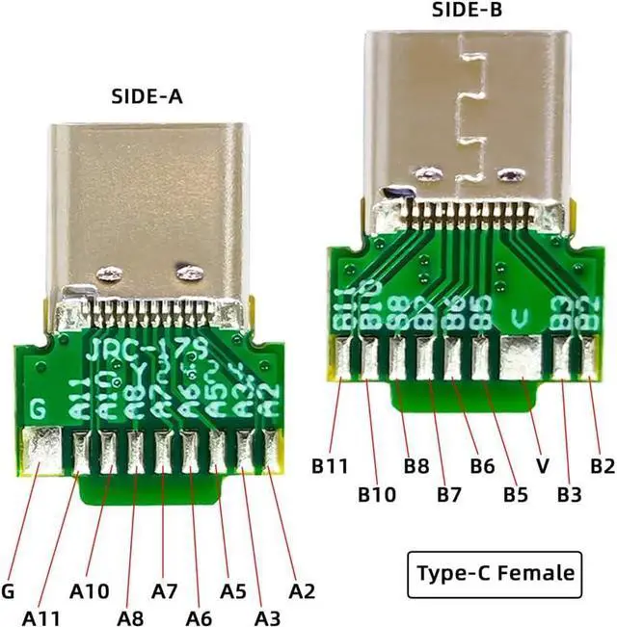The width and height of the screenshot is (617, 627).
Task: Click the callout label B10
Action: point(377,495)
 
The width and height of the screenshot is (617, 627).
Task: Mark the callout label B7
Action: point(448,495)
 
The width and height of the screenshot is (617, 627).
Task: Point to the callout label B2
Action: point(603,467)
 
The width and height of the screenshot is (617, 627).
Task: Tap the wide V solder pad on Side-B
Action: point(522,358)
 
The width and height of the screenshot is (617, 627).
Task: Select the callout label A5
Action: point(234,589)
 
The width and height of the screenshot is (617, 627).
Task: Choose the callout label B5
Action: point(516,495)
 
